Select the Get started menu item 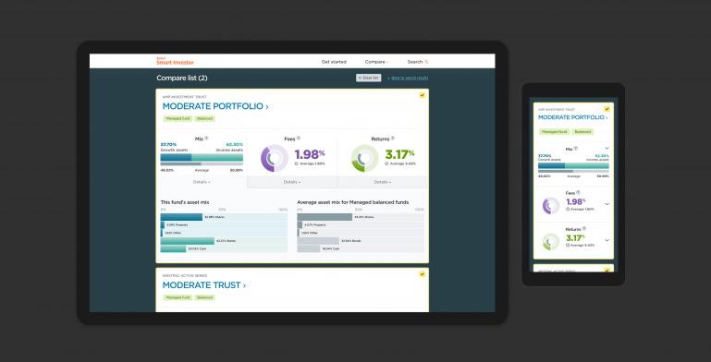(334, 62)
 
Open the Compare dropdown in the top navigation (376, 62)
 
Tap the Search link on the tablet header (417, 62)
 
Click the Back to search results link (409, 78)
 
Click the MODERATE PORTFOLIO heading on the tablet (215, 106)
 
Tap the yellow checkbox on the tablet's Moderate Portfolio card (422, 95)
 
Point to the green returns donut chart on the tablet (364, 158)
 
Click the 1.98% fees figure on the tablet (309, 153)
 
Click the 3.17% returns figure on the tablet (399, 153)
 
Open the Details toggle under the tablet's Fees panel (292, 182)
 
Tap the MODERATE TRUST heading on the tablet (203, 285)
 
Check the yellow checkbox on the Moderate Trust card (422, 274)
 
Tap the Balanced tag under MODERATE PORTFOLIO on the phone (582, 132)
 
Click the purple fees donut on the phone (552, 205)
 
